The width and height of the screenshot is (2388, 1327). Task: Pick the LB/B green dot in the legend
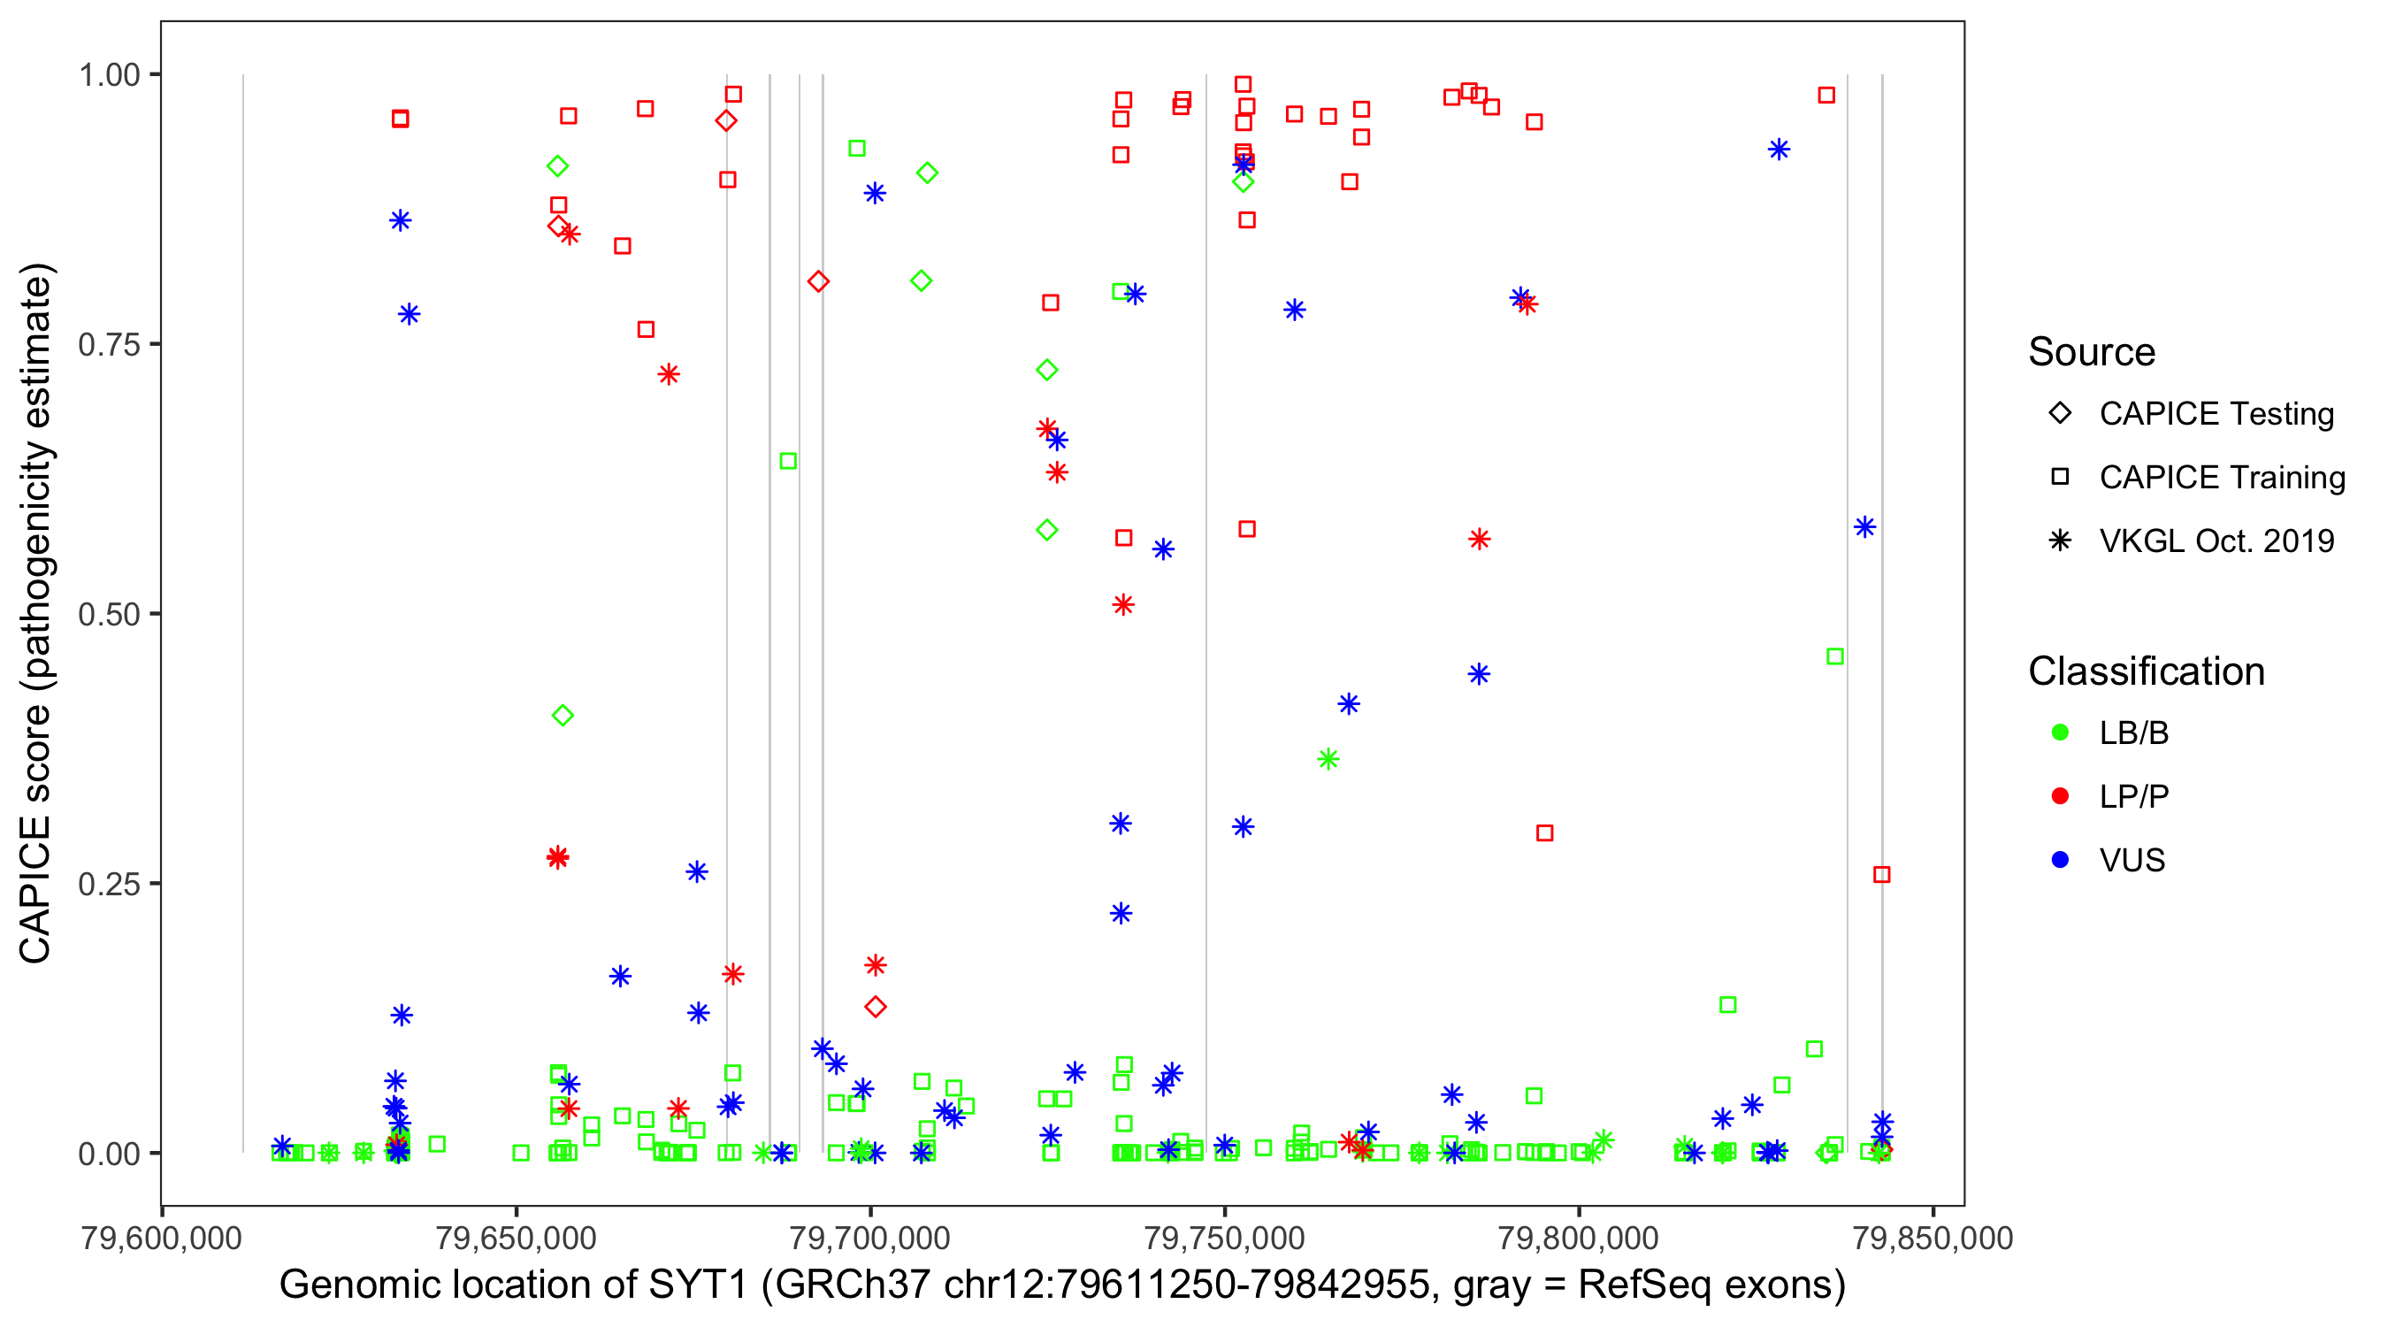(x=2061, y=733)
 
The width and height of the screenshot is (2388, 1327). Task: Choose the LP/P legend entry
(x=2133, y=796)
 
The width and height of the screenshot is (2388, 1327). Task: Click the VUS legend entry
(x=2132, y=861)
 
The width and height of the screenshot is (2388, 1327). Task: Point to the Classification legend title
(x=2146, y=671)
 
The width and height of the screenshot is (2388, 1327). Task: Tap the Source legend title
(x=2092, y=352)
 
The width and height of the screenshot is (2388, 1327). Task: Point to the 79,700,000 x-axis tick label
(x=869, y=1238)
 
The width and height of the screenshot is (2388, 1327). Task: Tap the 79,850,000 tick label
(x=1932, y=1238)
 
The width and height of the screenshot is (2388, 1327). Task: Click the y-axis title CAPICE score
(x=37, y=613)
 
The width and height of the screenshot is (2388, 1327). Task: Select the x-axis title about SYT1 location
(x=1062, y=1285)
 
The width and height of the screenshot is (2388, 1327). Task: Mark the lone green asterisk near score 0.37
(x=1328, y=759)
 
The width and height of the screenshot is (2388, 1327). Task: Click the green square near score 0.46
(x=1834, y=656)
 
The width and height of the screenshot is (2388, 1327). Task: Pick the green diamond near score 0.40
(x=563, y=715)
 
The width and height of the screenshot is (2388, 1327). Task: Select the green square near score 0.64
(x=788, y=461)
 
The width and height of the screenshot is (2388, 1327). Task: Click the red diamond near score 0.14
(x=875, y=1006)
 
